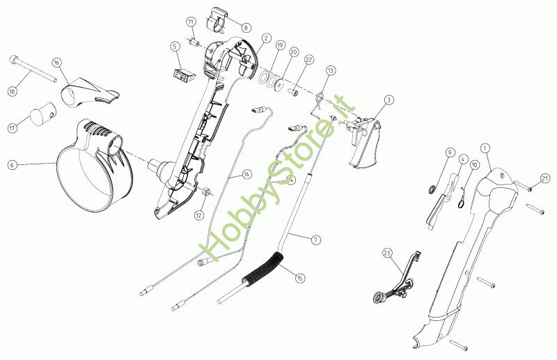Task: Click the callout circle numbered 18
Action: click(13, 92)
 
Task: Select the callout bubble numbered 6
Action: click(12, 165)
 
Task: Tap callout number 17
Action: click(12, 127)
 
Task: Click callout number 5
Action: click(175, 46)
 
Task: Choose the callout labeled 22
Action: click(309, 61)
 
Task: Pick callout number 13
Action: click(330, 70)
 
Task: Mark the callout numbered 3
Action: click(389, 100)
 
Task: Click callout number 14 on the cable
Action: click(247, 175)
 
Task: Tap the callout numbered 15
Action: click(300, 278)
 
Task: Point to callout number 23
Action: click(387, 253)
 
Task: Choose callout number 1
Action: click(485, 148)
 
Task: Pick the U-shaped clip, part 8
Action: click(219, 19)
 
